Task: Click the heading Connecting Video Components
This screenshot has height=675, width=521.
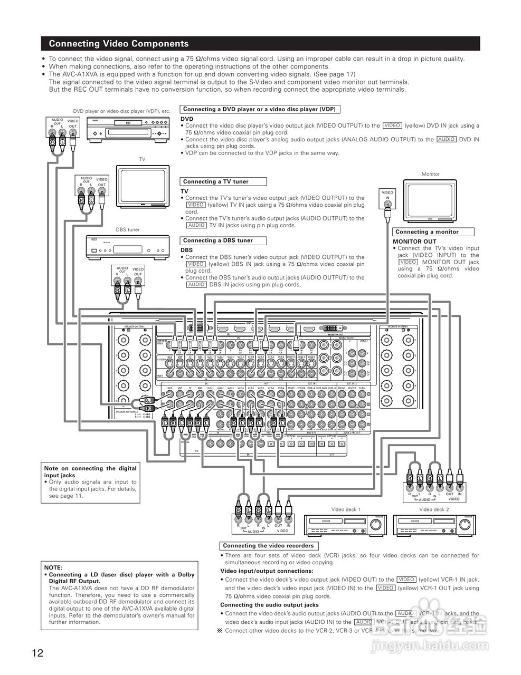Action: (118, 44)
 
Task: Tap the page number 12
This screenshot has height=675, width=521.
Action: (37, 653)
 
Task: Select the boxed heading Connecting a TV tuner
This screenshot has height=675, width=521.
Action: (215, 181)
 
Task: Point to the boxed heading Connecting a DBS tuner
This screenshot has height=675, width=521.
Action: (217, 240)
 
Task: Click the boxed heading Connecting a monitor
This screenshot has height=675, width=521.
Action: (427, 232)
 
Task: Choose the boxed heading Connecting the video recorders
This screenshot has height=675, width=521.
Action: (268, 546)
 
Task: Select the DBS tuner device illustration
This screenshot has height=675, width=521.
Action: (128, 246)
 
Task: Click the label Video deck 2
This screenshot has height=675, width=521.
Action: (434, 509)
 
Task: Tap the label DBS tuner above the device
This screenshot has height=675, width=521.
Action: (128, 229)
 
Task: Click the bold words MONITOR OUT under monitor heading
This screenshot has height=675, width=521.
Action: (415, 242)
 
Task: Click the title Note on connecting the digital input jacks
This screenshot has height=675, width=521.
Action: (90, 471)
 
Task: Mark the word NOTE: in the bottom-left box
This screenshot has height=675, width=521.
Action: (53, 567)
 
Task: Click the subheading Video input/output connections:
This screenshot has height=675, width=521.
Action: (267, 571)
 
